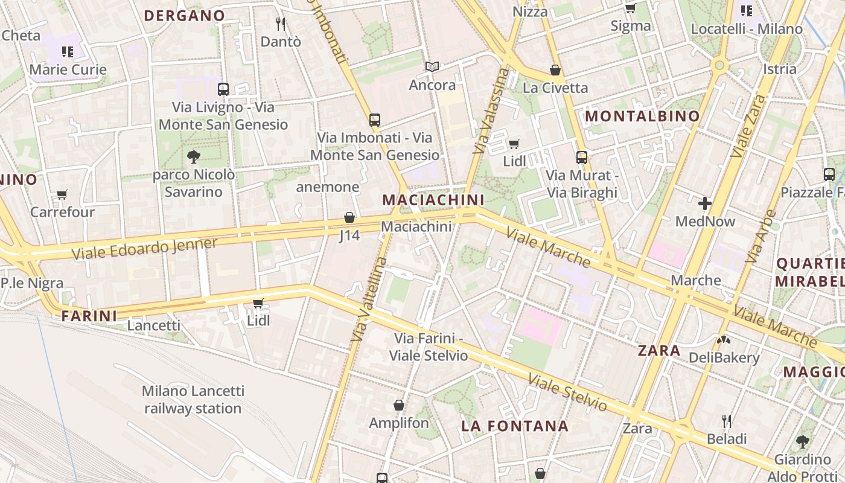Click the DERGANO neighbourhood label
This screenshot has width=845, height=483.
(185, 16)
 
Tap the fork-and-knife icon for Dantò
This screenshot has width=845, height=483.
(281, 24)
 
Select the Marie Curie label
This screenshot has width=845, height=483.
(68, 69)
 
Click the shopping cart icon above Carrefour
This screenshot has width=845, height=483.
(62, 194)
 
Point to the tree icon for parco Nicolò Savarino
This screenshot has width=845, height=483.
(194, 157)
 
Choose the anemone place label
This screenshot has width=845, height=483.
(328, 187)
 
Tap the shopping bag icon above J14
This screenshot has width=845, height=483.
(349, 217)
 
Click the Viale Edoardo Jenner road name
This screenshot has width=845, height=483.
(144, 249)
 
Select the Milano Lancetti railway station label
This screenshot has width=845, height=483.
(193, 400)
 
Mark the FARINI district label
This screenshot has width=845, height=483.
(89, 315)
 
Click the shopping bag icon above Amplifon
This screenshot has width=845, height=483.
(398, 405)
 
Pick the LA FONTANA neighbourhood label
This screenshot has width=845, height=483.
(515, 426)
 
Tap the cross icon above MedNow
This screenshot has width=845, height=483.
(704, 203)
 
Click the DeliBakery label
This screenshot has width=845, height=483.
(724, 357)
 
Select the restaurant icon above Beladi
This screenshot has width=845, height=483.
(727, 421)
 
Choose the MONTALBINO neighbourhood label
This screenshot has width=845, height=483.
(643, 116)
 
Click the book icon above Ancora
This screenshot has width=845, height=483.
(432, 66)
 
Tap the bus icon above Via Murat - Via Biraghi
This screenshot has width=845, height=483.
(582, 158)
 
